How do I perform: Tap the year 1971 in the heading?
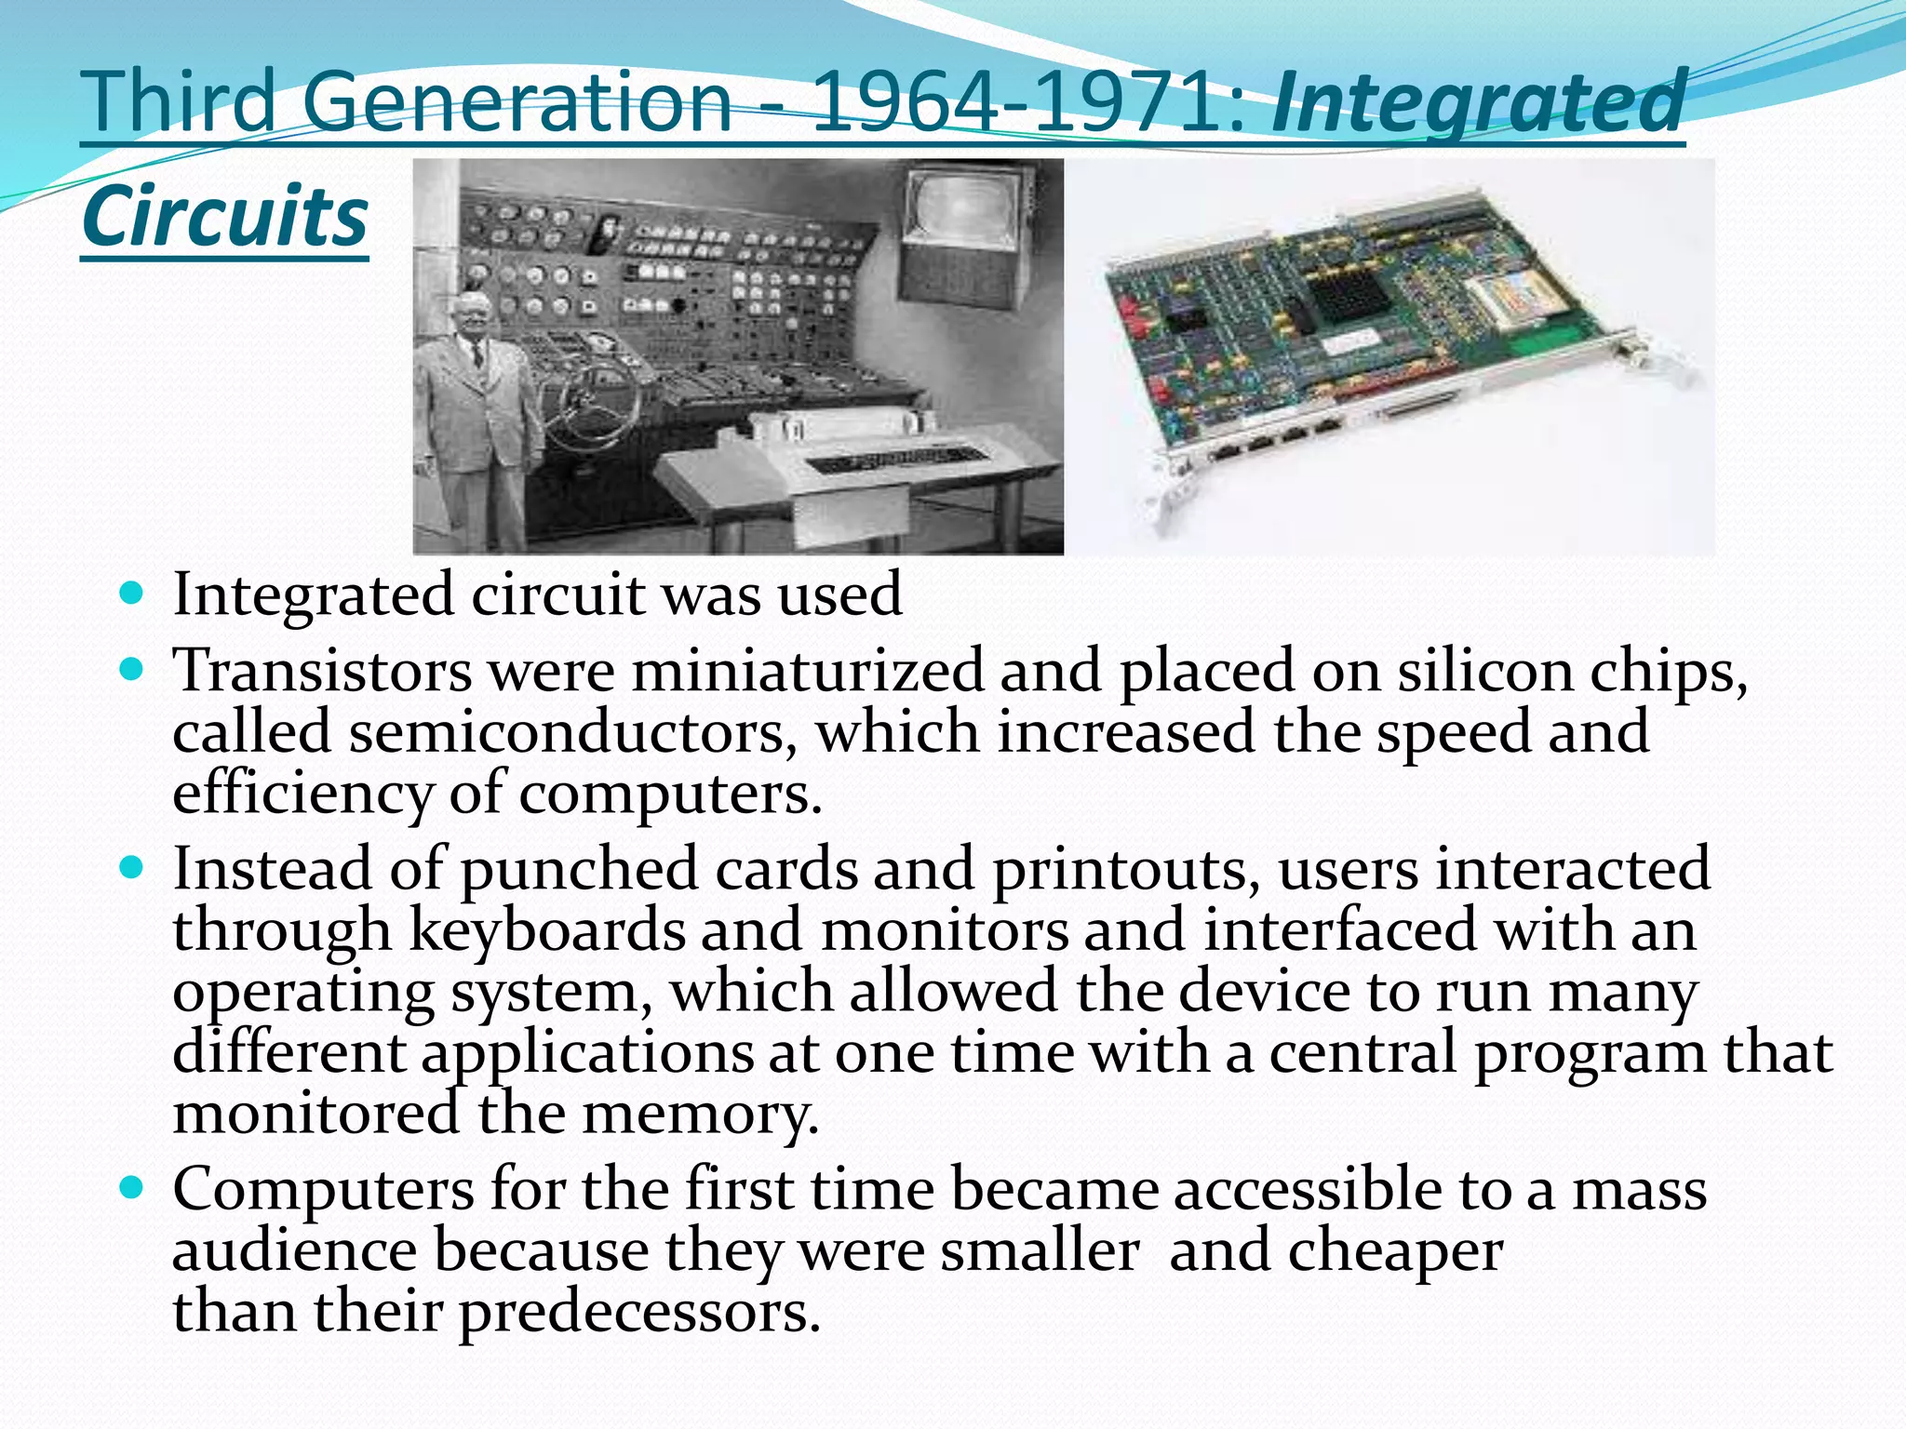click(1136, 102)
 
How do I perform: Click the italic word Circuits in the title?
click(224, 216)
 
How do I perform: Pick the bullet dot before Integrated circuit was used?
click(132, 593)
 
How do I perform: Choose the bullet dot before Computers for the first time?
click(132, 1186)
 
